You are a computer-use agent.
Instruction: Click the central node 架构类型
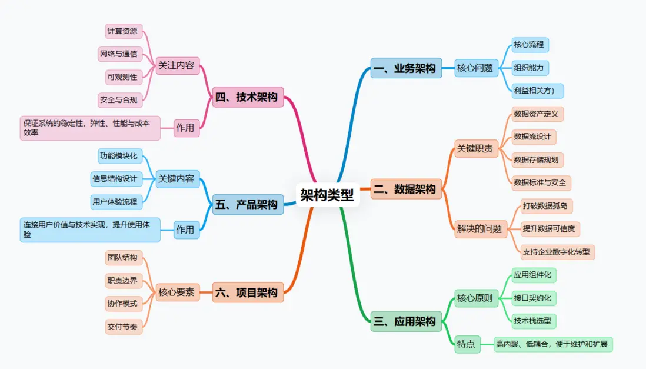tap(327, 195)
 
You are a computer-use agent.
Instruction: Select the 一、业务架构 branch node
tap(406, 68)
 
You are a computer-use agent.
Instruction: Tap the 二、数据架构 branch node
tap(406, 189)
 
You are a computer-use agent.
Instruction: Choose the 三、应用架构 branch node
tap(406, 321)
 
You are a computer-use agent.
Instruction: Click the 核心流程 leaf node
tap(528, 45)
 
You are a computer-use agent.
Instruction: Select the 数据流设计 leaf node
tap(532, 137)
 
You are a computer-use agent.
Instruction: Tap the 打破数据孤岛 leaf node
tap(545, 206)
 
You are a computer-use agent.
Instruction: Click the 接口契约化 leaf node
tap(532, 298)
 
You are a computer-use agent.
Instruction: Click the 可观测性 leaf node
tap(122, 77)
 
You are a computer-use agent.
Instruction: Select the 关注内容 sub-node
tap(176, 65)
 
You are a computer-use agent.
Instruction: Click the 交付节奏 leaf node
tap(122, 325)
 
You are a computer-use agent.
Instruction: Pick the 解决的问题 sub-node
tap(479, 229)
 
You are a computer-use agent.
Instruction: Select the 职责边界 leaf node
tap(122, 281)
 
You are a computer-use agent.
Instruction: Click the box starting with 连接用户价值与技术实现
tap(89, 230)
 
